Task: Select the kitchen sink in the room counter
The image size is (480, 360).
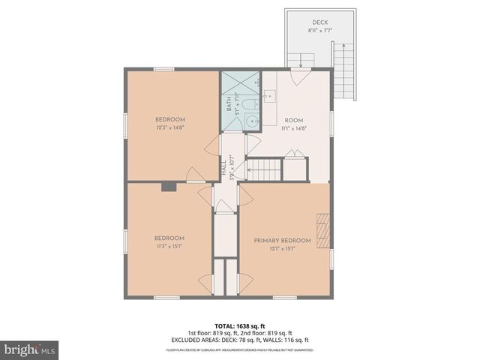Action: tap(269, 96)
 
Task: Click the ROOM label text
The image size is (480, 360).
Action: tap(293, 120)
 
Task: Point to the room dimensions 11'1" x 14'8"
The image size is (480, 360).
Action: tap(293, 127)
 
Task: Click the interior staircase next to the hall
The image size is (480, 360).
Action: tap(265, 169)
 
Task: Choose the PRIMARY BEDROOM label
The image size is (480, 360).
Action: tap(282, 240)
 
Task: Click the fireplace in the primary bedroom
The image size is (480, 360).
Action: tap(323, 229)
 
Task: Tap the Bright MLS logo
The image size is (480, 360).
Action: tap(30, 349)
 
